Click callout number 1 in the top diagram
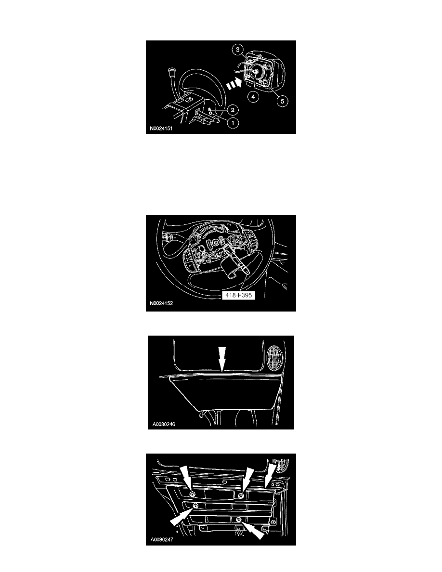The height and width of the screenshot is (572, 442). coord(233,123)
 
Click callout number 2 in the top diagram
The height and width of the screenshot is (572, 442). coord(233,109)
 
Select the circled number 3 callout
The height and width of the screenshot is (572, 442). coord(238,49)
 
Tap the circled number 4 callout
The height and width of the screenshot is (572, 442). coord(253,97)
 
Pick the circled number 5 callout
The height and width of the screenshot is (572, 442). coord(282,101)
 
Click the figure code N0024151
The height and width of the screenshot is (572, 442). coord(161,129)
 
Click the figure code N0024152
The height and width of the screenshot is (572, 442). coord(161,303)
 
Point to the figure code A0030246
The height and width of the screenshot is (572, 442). coord(164,424)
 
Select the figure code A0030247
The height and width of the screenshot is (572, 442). coord(162,540)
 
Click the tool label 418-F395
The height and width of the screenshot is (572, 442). coord(238,295)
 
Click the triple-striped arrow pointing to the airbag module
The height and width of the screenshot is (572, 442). coord(234,84)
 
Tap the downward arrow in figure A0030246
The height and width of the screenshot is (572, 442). coord(221,359)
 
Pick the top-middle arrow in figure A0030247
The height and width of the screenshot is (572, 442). coord(248,479)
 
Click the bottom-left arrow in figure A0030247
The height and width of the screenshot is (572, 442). coord(181,517)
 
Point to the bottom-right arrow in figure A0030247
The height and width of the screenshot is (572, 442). coord(253,529)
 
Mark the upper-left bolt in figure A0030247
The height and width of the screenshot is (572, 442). coord(193,494)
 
